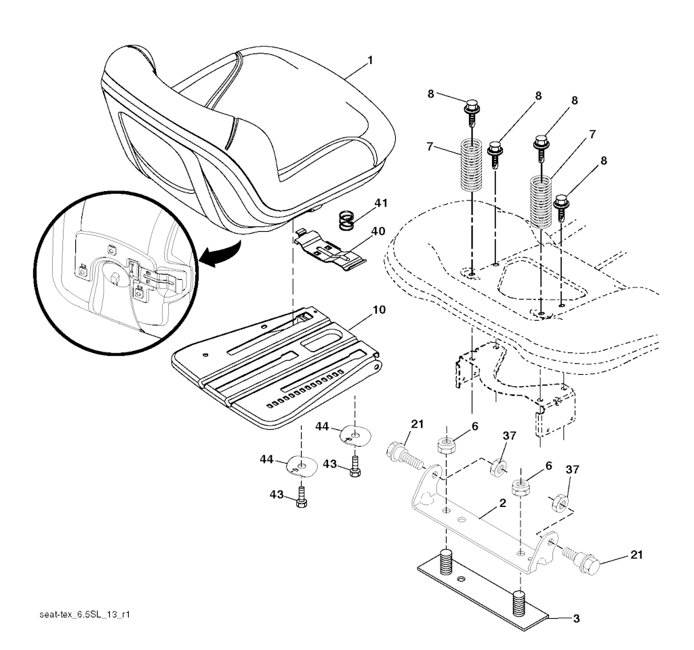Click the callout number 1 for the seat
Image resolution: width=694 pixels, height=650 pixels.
pos(370,60)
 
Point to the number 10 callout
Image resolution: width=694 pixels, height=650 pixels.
pos(380,310)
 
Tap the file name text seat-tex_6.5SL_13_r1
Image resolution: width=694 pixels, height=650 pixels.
pos(85,615)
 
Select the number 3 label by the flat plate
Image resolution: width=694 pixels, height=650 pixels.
pos(576,619)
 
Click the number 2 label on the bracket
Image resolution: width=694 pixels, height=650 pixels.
pos(502,504)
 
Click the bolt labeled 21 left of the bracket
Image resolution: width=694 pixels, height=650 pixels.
pos(405,456)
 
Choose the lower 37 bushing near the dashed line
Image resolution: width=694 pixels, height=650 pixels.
pos(558,502)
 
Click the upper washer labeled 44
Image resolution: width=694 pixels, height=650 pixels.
pos(355,436)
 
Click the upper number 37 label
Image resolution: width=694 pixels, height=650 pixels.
pos(510,436)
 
